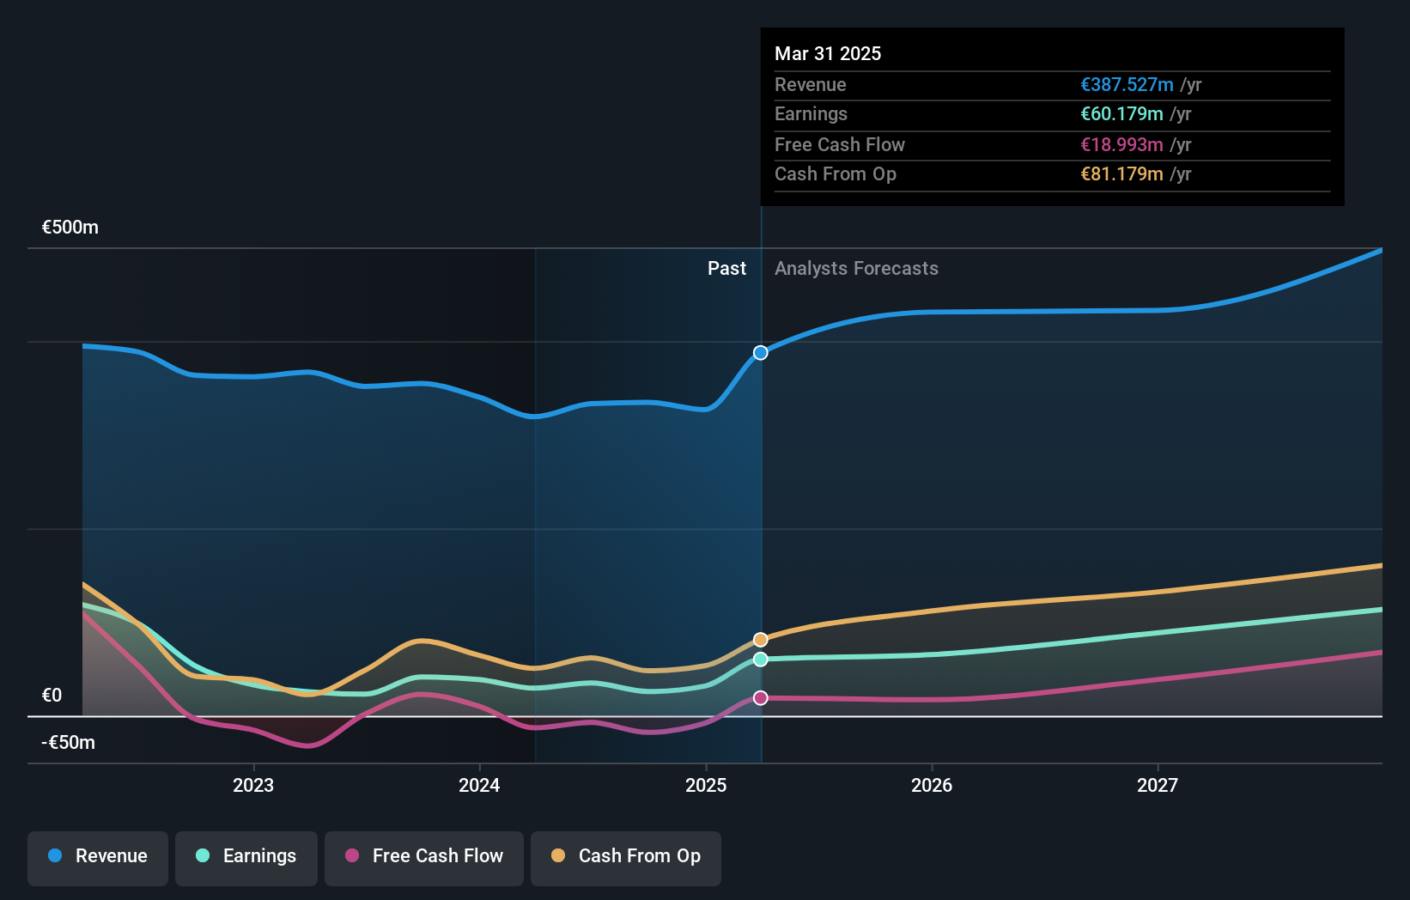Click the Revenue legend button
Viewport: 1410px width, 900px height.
click(98, 856)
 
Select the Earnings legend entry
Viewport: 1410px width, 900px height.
click(246, 856)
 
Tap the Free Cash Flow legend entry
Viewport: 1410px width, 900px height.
click(424, 856)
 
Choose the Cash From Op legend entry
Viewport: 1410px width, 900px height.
click(626, 856)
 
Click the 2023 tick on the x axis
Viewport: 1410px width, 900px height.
click(253, 785)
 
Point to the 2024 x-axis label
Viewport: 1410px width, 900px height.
click(479, 785)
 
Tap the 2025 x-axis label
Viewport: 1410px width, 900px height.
click(706, 785)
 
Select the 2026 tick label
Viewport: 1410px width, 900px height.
click(932, 785)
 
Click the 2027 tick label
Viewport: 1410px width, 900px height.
click(1158, 785)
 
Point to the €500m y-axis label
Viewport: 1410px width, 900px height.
click(70, 228)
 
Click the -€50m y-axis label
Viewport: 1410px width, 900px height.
click(69, 743)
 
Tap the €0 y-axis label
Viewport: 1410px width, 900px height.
click(52, 696)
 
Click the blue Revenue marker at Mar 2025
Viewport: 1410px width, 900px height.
click(761, 353)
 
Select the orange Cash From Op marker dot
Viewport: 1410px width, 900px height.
click(761, 640)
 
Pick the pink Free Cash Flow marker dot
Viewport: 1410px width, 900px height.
click(761, 698)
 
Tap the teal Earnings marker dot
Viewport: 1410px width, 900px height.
click(761, 660)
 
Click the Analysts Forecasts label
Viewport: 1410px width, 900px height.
click(856, 269)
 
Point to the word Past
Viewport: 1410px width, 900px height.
click(726, 269)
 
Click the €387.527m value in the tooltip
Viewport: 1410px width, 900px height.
click(1127, 85)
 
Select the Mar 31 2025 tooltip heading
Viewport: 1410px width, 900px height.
click(828, 53)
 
